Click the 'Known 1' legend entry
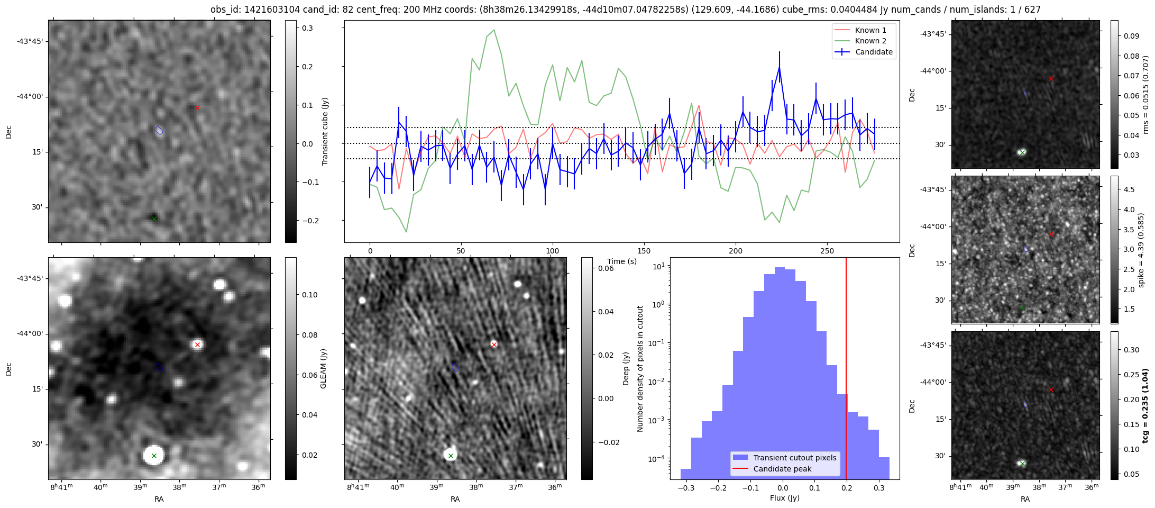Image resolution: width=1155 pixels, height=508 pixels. [x=870, y=30]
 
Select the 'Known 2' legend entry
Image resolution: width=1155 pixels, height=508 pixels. [x=870, y=41]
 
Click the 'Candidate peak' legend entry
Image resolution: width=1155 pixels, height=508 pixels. [x=782, y=469]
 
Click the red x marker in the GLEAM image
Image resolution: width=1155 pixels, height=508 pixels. [x=197, y=344]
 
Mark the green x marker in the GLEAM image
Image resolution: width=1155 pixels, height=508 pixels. [x=154, y=456]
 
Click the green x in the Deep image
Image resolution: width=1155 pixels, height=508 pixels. [x=451, y=456]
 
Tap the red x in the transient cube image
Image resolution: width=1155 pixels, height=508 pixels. [x=197, y=107]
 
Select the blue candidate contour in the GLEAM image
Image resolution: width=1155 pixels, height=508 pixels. [x=159, y=367]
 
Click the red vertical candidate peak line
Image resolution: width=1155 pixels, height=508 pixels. [x=846, y=370]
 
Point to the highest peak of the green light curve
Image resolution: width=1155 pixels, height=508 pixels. [x=494, y=30]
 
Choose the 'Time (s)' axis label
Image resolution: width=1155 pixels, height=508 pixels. [x=621, y=261]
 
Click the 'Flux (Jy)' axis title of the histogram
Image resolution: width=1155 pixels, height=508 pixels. [x=785, y=498]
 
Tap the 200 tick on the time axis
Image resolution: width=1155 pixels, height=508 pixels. [x=736, y=251]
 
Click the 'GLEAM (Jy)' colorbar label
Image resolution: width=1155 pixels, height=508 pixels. [x=324, y=368]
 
